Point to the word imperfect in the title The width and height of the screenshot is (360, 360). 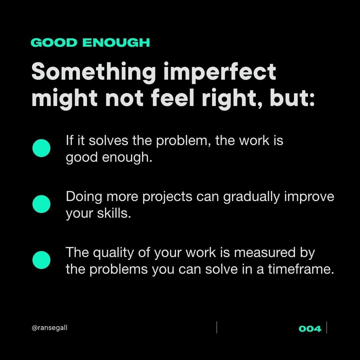click(x=220, y=72)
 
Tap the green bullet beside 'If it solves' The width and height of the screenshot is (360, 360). click(x=41, y=148)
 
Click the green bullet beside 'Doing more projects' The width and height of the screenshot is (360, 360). click(x=41, y=204)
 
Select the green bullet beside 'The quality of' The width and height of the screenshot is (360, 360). click(x=41, y=260)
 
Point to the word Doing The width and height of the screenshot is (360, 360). click(x=84, y=197)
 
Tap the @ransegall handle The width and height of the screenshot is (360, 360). click(x=49, y=328)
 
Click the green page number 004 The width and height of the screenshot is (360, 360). click(x=310, y=329)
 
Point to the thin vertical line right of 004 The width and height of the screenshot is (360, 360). click(x=327, y=327)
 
